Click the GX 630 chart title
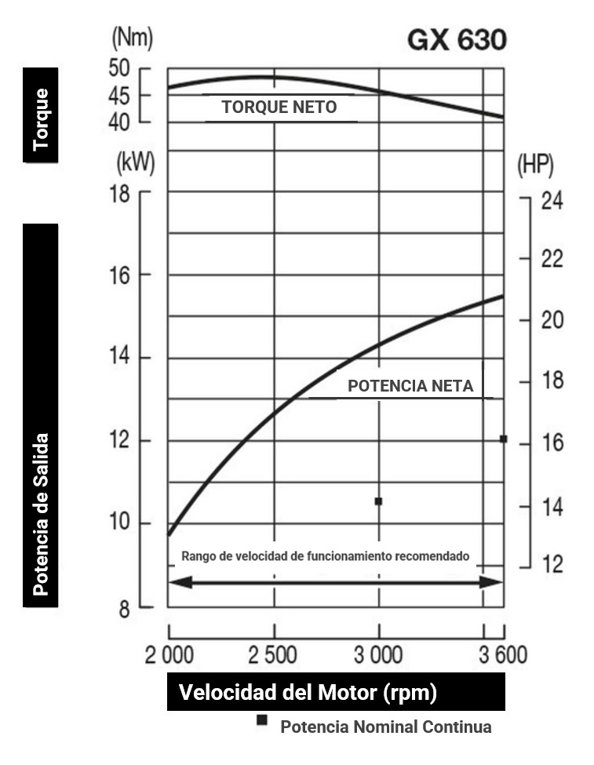[x=457, y=40]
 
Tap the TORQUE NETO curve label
[x=279, y=107]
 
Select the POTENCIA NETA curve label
[x=410, y=386]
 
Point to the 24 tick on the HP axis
[x=552, y=200]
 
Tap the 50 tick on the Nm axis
[x=119, y=68]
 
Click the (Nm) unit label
[x=133, y=36]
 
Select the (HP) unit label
[x=536, y=165]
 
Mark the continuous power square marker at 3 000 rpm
[x=378, y=501]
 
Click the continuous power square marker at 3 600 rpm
[x=503, y=439]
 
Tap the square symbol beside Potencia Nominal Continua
[x=262, y=720]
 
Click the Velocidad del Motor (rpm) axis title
[x=308, y=694]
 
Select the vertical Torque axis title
[x=40, y=115]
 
